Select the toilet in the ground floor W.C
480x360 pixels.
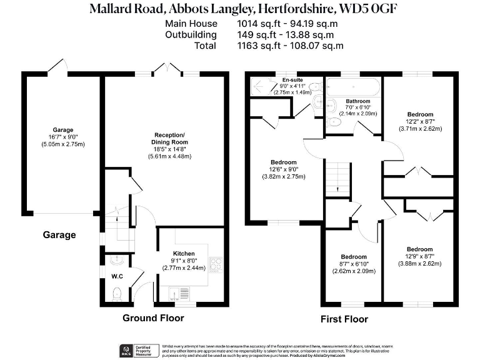pyautogui.click(x=117, y=292)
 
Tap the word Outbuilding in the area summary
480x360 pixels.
pyautogui.click(x=191, y=34)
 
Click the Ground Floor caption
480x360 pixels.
pyautogui.click(x=153, y=318)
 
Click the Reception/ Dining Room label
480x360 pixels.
pyautogui.click(x=171, y=139)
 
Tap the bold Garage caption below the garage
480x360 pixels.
pyautogui.click(x=59, y=235)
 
